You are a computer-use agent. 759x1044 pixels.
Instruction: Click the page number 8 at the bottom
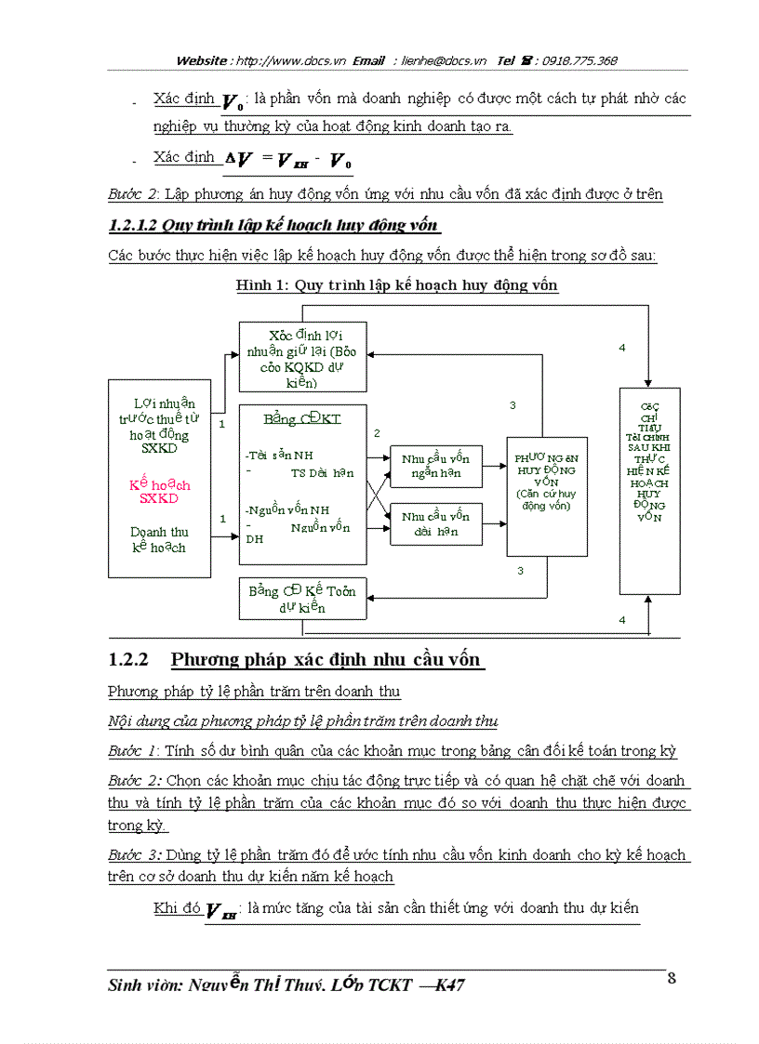pyautogui.click(x=672, y=977)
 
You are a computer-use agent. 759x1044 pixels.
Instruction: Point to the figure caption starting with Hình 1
pyautogui.click(x=397, y=285)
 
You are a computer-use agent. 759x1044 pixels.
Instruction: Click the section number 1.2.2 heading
pyautogui.click(x=128, y=660)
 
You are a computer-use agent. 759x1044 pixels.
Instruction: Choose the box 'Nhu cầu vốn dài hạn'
pyautogui.click(x=435, y=524)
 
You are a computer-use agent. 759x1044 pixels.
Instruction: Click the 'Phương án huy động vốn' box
pyautogui.click(x=547, y=496)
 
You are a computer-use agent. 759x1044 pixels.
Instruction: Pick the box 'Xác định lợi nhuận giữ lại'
pyautogui.click(x=303, y=357)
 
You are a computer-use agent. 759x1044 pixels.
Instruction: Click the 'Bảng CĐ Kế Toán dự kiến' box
pyautogui.click(x=302, y=599)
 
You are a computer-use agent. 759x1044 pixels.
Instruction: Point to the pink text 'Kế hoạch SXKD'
pyautogui.click(x=159, y=492)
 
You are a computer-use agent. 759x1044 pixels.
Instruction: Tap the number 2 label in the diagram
pyautogui.click(x=377, y=433)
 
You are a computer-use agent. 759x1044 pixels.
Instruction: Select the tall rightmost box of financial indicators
pyautogui.click(x=649, y=491)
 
